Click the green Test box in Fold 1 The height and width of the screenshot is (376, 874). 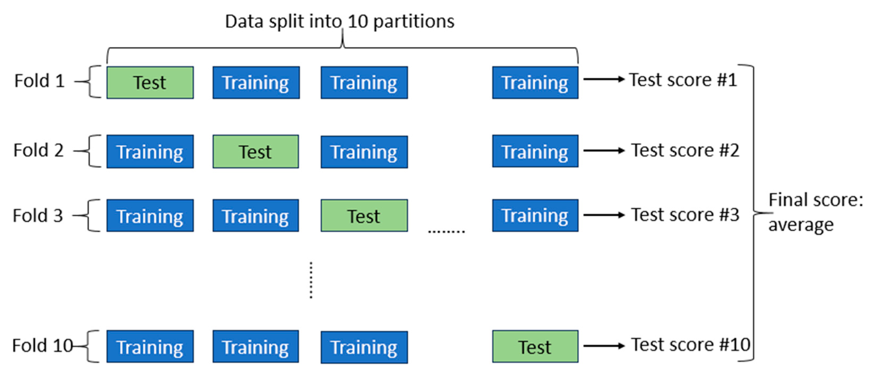click(150, 82)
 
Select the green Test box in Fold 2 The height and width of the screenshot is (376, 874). click(256, 151)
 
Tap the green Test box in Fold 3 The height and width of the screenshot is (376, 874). click(364, 216)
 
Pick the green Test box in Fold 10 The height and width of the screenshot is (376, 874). click(535, 347)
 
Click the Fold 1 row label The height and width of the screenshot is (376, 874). click(39, 81)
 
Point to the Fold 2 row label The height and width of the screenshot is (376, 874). click(38, 150)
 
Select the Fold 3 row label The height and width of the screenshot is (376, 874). click(38, 216)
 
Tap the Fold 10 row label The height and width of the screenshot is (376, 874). click(43, 346)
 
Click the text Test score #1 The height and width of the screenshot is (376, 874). click(683, 80)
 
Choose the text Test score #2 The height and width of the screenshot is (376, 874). click(685, 150)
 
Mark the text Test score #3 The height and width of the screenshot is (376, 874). click(685, 215)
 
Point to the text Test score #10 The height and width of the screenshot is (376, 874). click(690, 345)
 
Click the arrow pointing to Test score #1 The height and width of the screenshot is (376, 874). click(604, 79)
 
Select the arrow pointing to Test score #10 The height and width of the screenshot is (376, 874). click(604, 346)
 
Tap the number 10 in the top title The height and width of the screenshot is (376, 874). click(358, 21)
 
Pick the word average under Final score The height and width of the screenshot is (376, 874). click(801, 225)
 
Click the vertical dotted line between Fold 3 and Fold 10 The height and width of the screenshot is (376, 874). click(311, 280)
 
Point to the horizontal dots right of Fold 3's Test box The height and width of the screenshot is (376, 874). click(446, 231)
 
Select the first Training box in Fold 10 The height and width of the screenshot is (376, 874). click(150, 347)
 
